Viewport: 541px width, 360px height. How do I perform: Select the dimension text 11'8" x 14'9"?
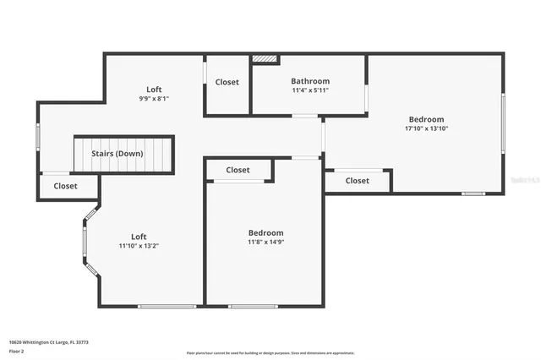tap(265, 243)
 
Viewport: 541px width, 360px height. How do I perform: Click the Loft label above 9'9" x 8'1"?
tap(154, 89)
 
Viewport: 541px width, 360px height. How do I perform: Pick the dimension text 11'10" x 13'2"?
tap(139, 246)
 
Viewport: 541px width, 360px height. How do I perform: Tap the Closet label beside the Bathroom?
tap(227, 82)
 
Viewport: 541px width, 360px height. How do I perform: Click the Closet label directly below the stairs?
tap(65, 186)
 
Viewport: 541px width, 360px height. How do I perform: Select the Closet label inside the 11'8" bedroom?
tap(238, 170)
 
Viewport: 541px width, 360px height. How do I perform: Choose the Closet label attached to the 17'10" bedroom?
tap(357, 180)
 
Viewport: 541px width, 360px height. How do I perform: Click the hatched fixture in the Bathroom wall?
tap(265, 59)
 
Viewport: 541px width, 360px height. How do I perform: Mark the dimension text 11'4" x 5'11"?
tap(310, 90)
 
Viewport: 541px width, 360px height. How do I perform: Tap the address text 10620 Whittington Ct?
tap(48, 342)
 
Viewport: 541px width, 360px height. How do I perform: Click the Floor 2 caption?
tap(17, 351)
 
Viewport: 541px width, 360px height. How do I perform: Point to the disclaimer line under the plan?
tap(270, 352)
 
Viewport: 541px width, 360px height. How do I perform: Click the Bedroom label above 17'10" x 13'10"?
tap(426, 119)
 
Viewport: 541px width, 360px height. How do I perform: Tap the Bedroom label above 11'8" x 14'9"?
tap(265, 232)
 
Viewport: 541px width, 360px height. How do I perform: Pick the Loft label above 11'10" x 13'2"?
tap(139, 237)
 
